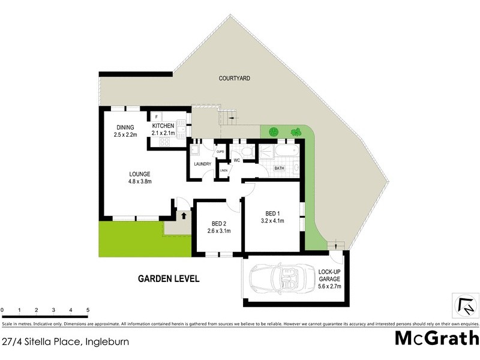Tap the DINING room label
click(x=125, y=127)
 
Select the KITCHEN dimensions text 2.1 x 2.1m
click(x=163, y=133)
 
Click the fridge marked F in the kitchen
click(x=157, y=116)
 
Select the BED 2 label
click(x=218, y=223)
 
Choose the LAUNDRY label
click(x=202, y=164)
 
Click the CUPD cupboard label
click(x=220, y=152)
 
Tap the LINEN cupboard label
click(x=223, y=171)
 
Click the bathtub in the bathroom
click(x=278, y=152)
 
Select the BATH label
click(x=279, y=169)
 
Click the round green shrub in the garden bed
click(x=274, y=132)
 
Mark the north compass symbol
click(x=465, y=306)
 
